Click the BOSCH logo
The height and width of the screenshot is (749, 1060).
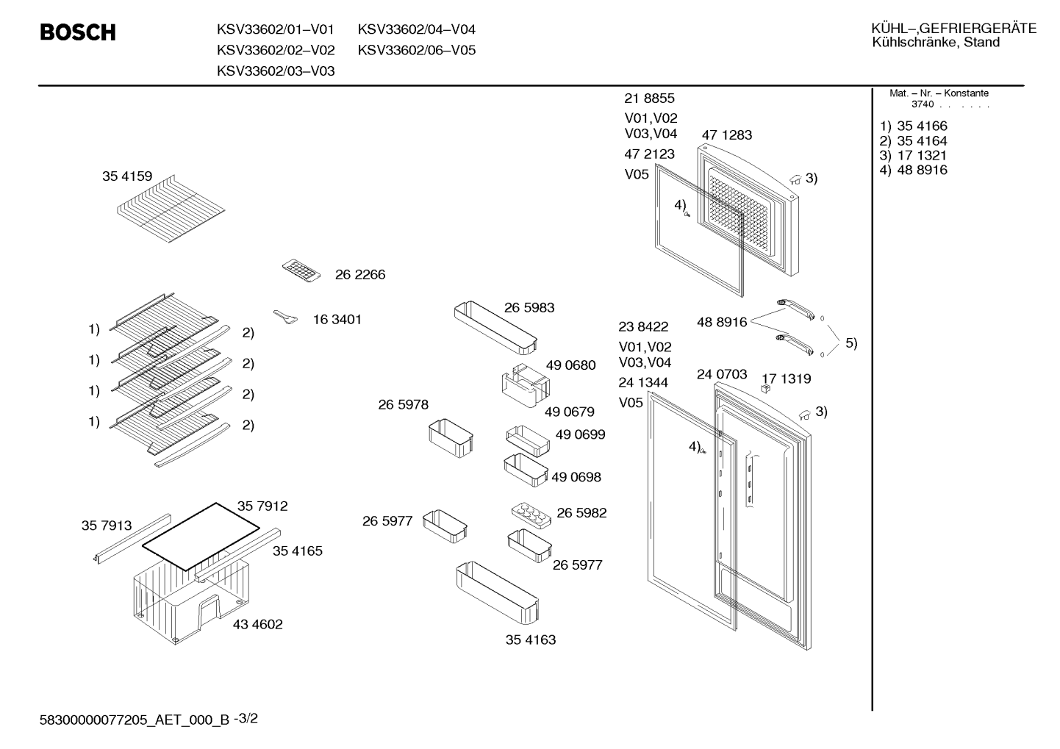[78, 32]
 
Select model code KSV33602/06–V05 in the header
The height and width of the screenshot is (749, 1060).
[416, 50]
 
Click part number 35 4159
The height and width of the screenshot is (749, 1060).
[127, 176]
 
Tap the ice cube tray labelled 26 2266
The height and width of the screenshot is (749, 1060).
[301, 270]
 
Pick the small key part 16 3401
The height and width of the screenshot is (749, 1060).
[286, 317]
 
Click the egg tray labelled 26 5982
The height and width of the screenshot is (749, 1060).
[531, 515]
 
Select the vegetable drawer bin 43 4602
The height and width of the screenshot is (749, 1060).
[191, 601]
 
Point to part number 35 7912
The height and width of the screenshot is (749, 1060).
[262, 506]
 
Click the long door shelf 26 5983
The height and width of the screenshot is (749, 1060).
[495, 327]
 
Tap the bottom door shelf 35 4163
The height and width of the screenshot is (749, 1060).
[498, 593]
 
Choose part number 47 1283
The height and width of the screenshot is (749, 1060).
[726, 135]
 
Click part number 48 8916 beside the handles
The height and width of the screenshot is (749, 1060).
[722, 322]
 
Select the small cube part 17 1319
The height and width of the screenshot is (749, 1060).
[765, 388]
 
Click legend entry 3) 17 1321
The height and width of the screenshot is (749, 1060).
[913, 156]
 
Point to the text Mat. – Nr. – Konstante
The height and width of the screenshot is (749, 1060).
[939, 93]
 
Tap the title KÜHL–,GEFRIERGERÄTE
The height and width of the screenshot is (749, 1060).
[953, 29]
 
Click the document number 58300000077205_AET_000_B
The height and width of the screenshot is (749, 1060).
[135, 720]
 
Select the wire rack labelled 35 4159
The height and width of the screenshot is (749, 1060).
[171, 209]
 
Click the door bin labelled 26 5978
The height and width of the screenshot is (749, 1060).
[451, 437]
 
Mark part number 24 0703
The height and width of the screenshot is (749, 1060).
[722, 374]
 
